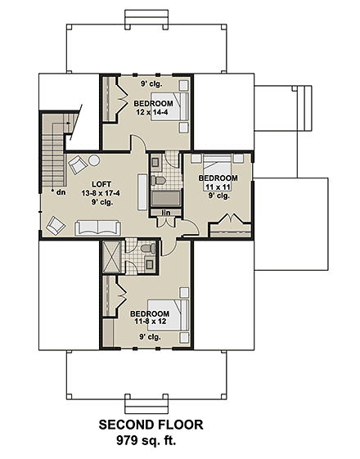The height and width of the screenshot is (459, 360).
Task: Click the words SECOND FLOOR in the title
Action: (151, 425)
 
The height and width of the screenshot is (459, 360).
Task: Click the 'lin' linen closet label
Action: (165, 214)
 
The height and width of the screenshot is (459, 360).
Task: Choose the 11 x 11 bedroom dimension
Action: (218, 187)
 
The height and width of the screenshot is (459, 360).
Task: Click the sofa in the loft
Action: (97, 227)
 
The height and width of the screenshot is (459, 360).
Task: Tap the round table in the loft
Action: (94, 160)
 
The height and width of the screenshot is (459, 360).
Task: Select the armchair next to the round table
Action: (76, 163)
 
